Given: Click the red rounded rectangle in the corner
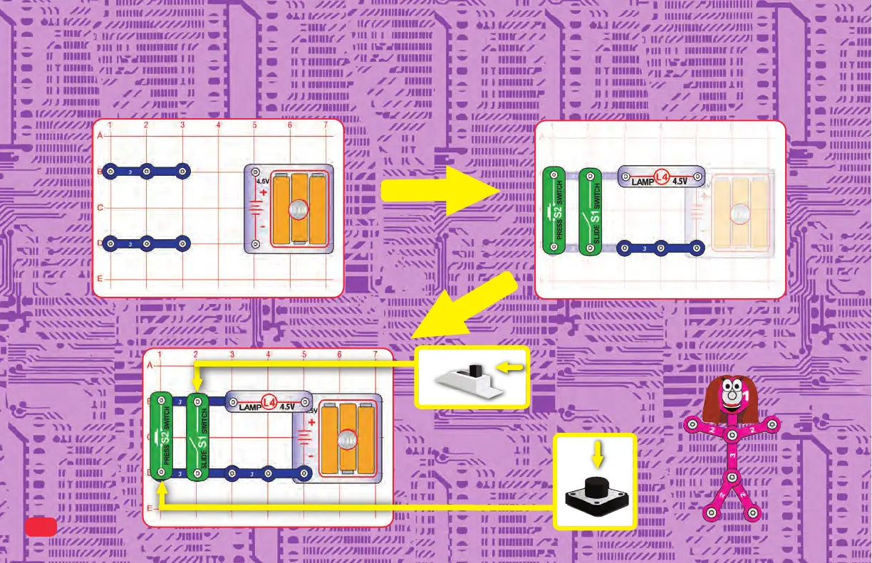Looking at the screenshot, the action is click(x=41, y=527).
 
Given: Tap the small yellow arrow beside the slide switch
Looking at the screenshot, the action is click(x=512, y=367).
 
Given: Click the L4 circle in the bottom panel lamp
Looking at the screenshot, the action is click(x=269, y=403).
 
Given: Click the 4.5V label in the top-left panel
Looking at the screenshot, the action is click(x=263, y=180).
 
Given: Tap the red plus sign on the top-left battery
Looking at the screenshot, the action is click(x=262, y=192).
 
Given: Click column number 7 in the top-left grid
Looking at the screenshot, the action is click(x=326, y=125).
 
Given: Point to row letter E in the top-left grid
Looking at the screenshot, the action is click(x=100, y=279).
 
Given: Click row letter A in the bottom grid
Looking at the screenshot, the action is click(x=150, y=365).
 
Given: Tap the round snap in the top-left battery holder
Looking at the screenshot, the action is click(x=297, y=209).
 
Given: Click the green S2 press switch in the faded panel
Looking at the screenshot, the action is click(x=554, y=211).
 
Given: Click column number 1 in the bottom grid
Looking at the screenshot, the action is click(x=159, y=354).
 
